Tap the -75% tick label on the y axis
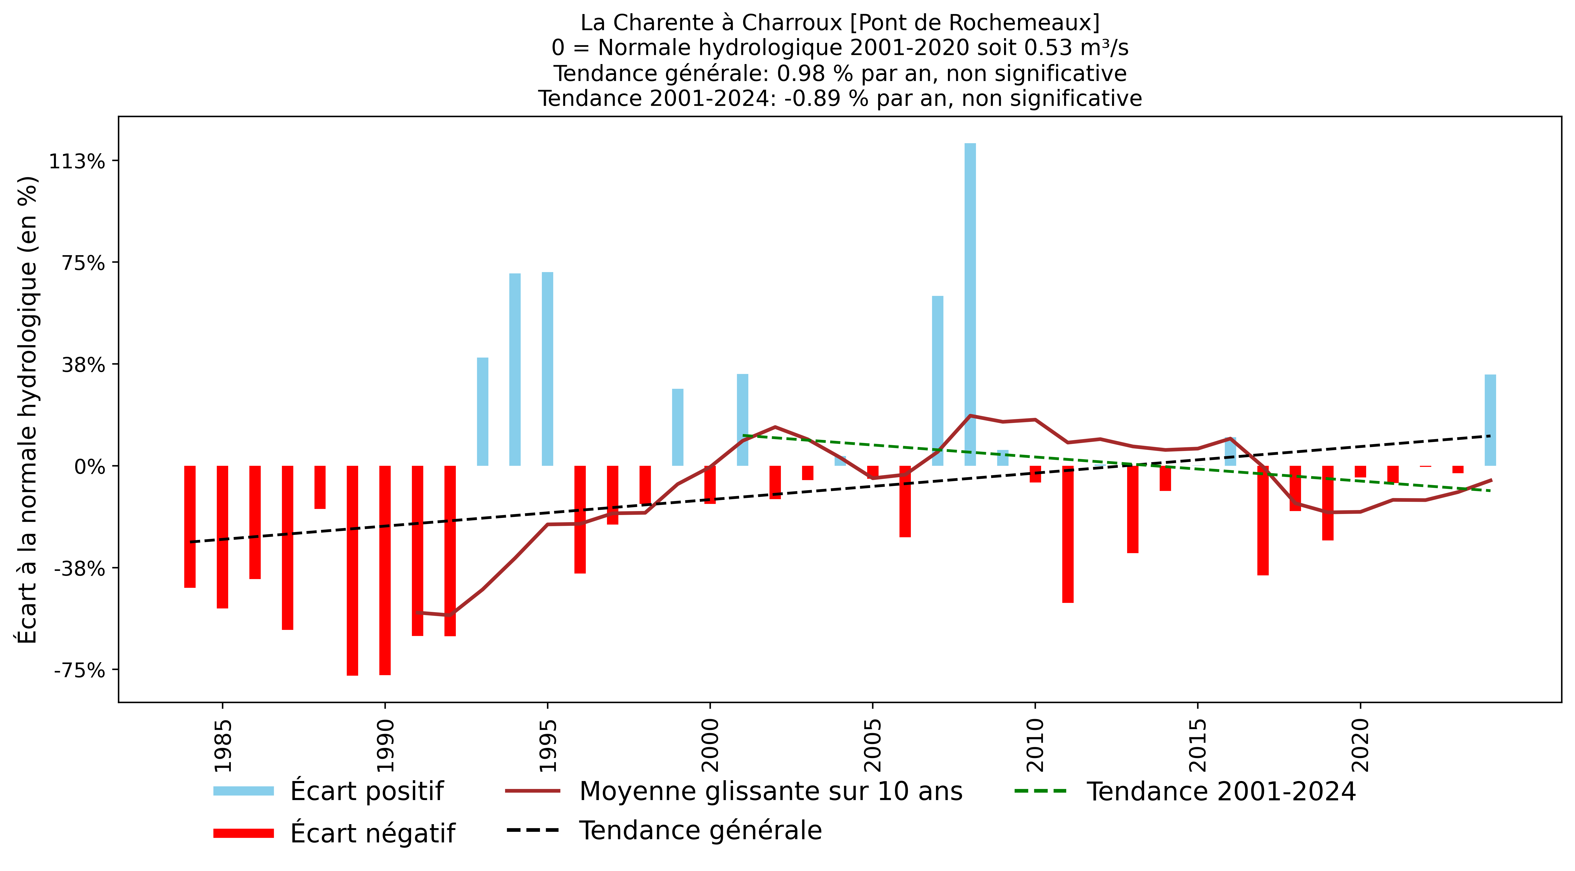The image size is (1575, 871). pyautogui.click(x=79, y=670)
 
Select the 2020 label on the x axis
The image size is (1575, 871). pyautogui.click(x=1360, y=746)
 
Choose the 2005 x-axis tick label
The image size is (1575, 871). pyautogui.click(x=872, y=746)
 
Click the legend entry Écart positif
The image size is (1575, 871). pyautogui.click(x=367, y=791)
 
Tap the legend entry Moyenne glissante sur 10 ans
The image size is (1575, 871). pyautogui.click(x=770, y=791)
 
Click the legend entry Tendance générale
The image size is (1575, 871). pyautogui.click(x=700, y=830)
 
